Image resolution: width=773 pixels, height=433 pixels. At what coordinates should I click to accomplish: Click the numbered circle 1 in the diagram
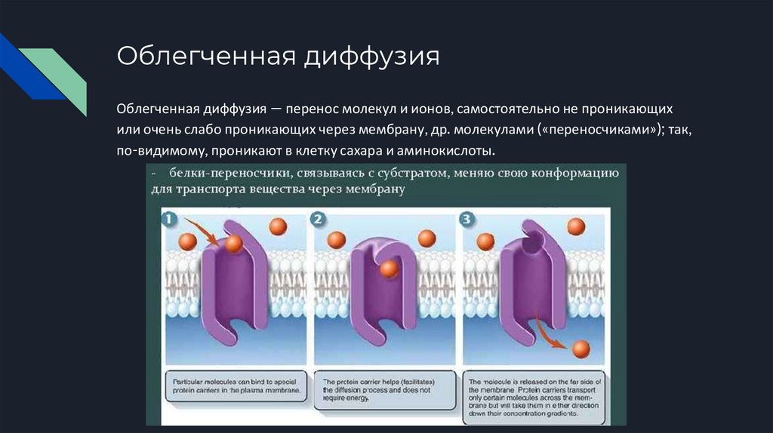169,220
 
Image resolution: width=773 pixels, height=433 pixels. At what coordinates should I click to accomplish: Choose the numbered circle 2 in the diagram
318,220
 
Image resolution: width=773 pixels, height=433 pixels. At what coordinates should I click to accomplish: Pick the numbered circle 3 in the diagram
467,220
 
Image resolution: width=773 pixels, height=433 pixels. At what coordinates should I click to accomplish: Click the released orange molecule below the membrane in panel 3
581,349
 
